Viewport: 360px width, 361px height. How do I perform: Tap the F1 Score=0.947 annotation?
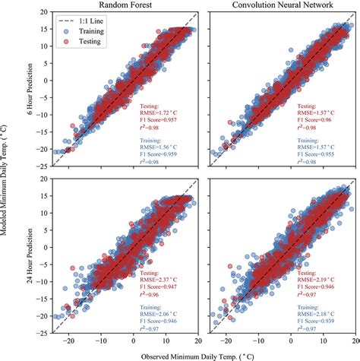click(159, 287)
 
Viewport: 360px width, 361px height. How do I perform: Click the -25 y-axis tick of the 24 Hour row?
click(33, 333)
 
